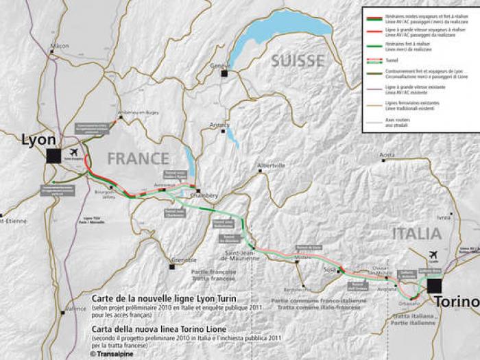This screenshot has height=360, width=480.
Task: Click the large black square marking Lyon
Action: coord(53,156)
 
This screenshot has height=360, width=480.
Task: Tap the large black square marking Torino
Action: coord(433,285)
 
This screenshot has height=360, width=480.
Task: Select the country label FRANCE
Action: coord(138,158)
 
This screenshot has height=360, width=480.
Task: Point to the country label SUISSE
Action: coord(297,61)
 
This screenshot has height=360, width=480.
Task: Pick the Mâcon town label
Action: coord(60,47)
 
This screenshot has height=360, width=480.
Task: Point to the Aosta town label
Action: coord(388,155)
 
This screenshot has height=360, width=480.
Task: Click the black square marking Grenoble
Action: coord(172,266)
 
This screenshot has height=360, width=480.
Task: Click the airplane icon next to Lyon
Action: coord(73,152)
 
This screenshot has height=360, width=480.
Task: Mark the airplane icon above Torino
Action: coord(433,254)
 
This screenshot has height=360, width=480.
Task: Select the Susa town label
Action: coord(329,271)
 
